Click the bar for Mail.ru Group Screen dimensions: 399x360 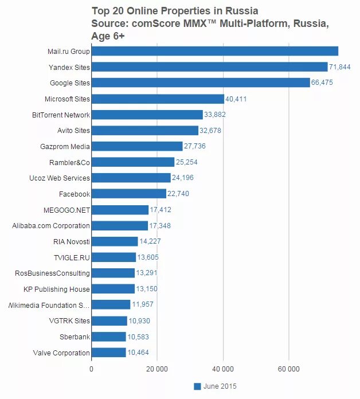[215, 51]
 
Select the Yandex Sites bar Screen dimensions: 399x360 [209, 67]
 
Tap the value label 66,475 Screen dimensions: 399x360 [322, 83]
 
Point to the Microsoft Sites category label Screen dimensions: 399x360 [67, 99]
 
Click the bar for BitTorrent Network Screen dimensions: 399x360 [147, 115]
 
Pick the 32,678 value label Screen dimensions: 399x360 [210, 131]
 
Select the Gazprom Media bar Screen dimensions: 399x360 [137, 147]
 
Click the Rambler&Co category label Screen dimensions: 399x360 [69, 162]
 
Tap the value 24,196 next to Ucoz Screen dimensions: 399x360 [183, 178]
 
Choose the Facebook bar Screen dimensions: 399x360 [129, 194]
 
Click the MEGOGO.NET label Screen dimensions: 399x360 [66, 210]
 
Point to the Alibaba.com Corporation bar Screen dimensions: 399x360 [120, 226]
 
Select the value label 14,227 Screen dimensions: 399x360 [150, 242]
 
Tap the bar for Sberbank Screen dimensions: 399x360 [108, 337]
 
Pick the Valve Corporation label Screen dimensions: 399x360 [61, 353]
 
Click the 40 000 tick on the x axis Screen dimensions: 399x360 [223, 369]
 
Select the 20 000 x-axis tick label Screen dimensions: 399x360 [157, 369]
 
